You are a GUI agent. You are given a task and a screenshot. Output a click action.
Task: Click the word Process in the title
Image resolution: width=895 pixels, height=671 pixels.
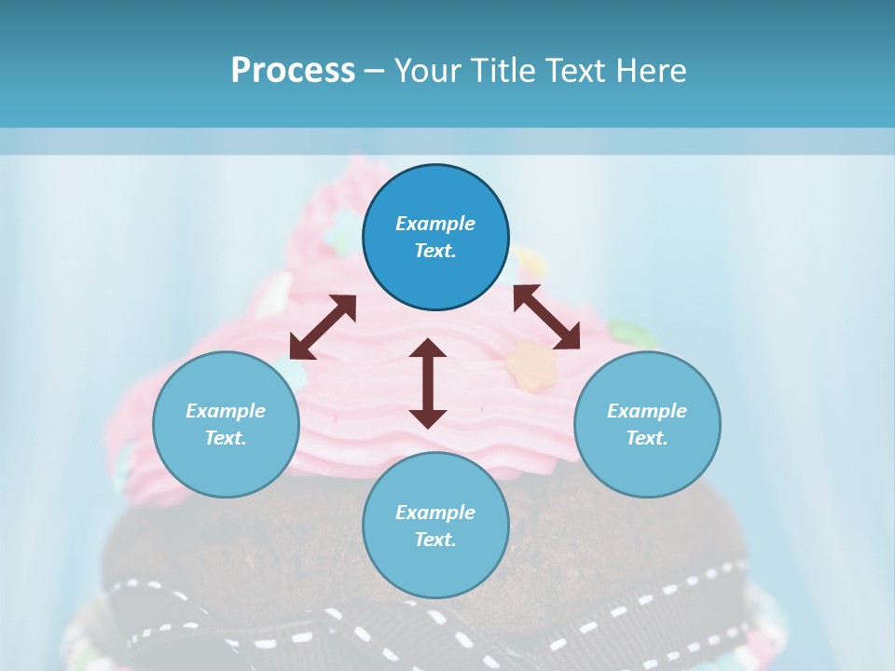(x=293, y=71)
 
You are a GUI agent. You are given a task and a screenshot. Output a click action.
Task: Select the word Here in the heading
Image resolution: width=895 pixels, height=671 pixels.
(x=651, y=71)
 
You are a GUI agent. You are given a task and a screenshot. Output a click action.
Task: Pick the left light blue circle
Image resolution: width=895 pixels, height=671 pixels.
(x=226, y=466)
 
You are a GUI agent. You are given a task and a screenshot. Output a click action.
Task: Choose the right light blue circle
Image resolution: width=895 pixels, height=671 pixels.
(x=647, y=466)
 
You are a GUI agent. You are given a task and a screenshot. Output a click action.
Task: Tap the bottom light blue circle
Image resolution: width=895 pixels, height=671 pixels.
(x=435, y=568)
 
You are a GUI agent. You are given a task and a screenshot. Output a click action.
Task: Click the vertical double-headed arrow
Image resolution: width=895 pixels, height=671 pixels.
(x=428, y=383)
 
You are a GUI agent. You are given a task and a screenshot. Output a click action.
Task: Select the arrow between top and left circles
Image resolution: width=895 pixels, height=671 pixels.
(x=323, y=327)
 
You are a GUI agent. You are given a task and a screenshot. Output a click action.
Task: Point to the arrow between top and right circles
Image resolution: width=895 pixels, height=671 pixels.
(x=546, y=317)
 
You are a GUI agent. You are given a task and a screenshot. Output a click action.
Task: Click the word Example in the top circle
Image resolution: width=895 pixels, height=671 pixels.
(x=435, y=224)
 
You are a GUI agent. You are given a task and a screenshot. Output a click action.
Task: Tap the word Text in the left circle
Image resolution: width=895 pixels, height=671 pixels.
(x=226, y=438)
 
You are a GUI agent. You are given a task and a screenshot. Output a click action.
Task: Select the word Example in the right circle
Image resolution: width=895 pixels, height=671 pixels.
(x=647, y=411)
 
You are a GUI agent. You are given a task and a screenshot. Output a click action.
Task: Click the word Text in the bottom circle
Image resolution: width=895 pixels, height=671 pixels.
(x=435, y=540)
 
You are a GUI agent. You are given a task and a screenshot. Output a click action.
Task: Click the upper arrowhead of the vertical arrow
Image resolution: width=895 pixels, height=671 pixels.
(x=428, y=349)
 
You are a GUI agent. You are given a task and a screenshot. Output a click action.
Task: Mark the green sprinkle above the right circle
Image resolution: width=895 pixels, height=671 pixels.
(x=623, y=331)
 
